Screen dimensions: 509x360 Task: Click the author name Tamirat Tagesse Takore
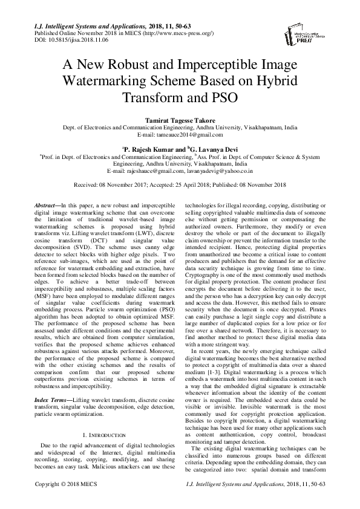tap(180, 120)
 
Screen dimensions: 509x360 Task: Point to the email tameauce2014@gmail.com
tap(180, 135)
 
